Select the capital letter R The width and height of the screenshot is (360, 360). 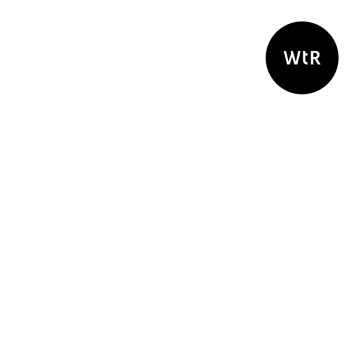tap(316, 58)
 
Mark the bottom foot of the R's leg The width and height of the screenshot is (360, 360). tap(319, 64)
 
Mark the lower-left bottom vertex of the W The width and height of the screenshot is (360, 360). tap(288, 64)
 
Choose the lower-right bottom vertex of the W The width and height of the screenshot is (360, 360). tap(296, 64)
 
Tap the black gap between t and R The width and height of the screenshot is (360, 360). tap(309, 58)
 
